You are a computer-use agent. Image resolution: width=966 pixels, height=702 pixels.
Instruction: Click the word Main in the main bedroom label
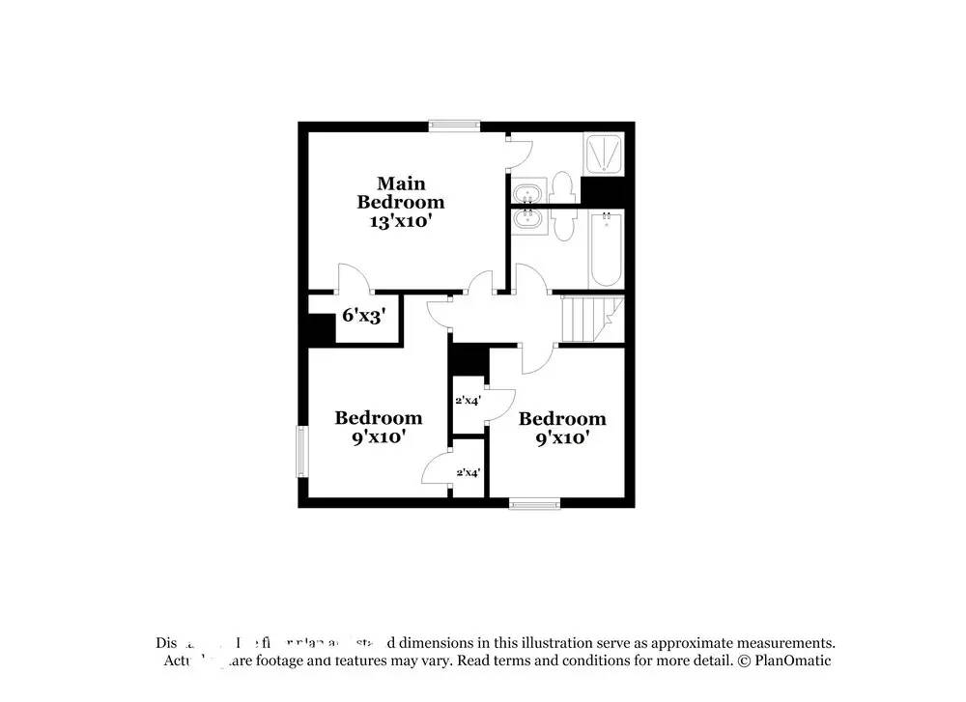tap(401, 183)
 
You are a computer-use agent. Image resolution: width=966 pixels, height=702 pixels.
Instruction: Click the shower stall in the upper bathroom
tap(604, 154)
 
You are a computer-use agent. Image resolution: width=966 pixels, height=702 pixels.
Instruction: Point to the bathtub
tap(606, 249)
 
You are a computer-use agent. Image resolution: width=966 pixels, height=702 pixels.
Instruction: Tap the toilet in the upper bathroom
tap(563, 187)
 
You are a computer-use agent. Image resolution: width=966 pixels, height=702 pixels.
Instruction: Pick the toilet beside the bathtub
tap(563, 223)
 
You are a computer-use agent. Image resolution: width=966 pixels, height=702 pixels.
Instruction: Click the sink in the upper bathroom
tap(527, 189)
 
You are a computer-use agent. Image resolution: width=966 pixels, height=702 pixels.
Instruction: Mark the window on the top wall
tap(455, 124)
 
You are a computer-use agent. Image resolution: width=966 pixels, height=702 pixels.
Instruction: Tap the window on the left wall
tap(301, 452)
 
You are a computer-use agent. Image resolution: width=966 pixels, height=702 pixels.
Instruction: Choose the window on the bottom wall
tap(534, 502)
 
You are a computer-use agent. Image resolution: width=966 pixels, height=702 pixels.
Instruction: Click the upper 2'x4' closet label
tap(469, 400)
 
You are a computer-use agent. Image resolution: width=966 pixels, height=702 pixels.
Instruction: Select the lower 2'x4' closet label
tap(469, 472)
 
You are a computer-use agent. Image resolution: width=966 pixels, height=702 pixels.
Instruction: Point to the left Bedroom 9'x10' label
tap(379, 427)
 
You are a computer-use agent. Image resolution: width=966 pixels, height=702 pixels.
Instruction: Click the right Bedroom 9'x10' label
tap(562, 428)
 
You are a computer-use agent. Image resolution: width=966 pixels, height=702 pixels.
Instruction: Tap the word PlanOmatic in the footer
tap(793, 661)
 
